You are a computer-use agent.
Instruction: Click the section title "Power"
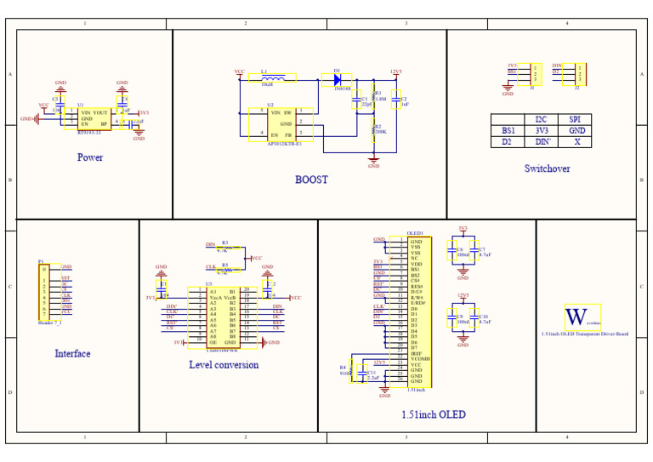click(x=90, y=157)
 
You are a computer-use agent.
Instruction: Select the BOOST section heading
click(x=311, y=180)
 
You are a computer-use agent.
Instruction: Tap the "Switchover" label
click(x=547, y=168)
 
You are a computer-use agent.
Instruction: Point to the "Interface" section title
click(x=72, y=353)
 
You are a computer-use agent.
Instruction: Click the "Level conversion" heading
click(x=224, y=365)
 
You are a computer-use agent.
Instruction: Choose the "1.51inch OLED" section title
click(x=433, y=415)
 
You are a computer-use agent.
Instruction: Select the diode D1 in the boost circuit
click(x=338, y=80)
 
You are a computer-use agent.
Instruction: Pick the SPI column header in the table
click(x=575, y=120)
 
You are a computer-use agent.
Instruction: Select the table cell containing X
click(x=576, y=142)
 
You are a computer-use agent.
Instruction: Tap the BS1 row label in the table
click(x=508, y=131)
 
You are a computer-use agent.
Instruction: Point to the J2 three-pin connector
click(x=579, y=73)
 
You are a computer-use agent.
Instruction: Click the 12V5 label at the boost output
click(x=395, y=71)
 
